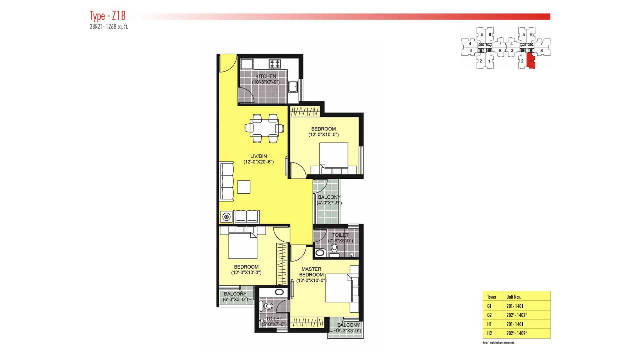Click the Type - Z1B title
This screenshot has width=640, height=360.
108,16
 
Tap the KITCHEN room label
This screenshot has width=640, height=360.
266,76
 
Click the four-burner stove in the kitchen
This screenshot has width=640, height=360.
275,64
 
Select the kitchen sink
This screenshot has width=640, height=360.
294,86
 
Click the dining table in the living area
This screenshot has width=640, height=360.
264,128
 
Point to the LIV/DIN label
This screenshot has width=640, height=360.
258,156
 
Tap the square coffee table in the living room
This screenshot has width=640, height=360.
244,187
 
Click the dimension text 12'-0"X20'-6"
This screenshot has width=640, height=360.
258,162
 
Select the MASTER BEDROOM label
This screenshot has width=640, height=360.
311,272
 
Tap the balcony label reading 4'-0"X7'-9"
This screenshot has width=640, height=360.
329,203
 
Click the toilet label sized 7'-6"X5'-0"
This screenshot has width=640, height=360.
340,241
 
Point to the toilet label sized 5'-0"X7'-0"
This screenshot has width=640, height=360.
274,324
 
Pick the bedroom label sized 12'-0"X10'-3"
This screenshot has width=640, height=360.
246,273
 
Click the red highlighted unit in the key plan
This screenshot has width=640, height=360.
530,61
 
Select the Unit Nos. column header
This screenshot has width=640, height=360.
513,297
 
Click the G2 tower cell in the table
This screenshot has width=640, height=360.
490,315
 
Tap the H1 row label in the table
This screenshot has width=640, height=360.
490,324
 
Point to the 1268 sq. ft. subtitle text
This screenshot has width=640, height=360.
119,27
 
